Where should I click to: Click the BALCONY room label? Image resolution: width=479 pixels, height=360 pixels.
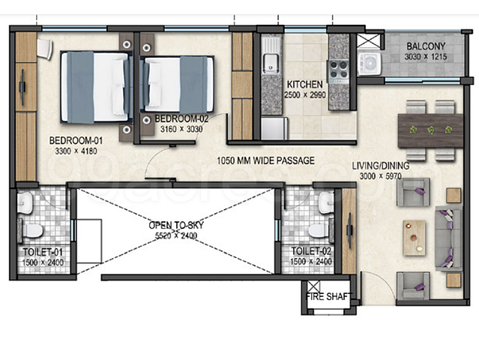[426, 46]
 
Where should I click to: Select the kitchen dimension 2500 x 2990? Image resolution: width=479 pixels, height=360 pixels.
[305, 95]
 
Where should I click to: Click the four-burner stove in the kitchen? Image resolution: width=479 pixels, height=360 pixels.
[339, 70]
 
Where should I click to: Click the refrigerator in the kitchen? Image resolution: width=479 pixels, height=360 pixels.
[274, 128]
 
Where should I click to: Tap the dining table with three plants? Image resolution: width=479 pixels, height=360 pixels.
[430, 130]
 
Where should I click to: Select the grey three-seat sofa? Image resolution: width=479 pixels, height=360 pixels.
[448, 238]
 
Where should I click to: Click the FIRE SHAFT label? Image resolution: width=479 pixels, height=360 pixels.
[328, 296]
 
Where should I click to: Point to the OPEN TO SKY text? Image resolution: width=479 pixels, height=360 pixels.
[176, 225]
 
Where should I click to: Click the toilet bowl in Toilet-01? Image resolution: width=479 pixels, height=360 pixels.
[32, 230]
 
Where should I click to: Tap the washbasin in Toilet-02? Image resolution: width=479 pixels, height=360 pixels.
[326, 202]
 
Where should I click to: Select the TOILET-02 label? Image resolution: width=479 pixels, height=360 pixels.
[311, 251]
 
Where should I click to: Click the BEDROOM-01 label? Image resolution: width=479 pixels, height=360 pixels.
[76, 140]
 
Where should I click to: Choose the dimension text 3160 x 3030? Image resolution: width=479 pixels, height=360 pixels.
[181, 129]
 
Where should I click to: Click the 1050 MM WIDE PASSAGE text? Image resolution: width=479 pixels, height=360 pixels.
[265, 160]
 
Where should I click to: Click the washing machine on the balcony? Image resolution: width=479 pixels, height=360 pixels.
[370, 64]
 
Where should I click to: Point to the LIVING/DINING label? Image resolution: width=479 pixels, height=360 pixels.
[381, 166]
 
